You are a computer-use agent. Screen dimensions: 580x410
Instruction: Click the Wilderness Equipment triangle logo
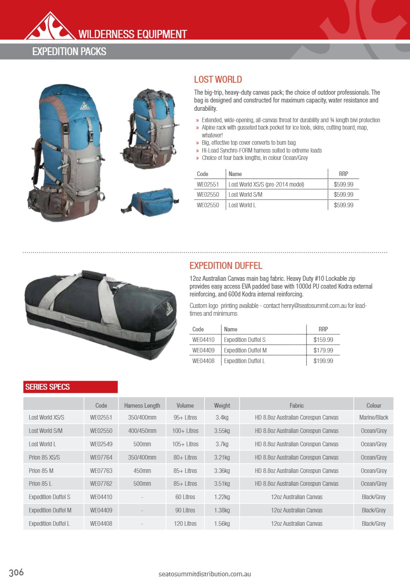(50, 27)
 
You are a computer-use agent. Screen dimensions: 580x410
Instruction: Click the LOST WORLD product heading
(217, 80)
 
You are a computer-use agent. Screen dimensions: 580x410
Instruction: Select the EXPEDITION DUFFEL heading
(226, 266)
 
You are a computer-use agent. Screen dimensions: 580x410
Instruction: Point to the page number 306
(16, 573)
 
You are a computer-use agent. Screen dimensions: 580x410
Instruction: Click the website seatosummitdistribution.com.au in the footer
(205, 574)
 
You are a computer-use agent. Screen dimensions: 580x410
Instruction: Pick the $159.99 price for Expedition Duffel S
(323, 340)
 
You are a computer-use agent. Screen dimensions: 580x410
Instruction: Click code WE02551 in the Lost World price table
(207, 184)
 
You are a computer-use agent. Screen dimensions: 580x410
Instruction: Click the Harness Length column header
(142, 405)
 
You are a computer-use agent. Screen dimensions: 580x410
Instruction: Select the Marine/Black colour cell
(373, 418)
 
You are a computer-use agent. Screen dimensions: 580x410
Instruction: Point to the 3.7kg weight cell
(222, 444)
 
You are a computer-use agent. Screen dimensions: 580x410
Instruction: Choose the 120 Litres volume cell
(185, 523)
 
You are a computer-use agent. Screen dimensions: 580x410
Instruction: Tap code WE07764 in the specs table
(101, 458)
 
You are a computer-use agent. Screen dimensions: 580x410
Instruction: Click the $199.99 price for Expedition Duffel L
(323, 361)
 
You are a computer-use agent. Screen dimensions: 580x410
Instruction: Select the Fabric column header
(296, 405)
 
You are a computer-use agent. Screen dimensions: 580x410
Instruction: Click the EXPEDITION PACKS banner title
(69, 51)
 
